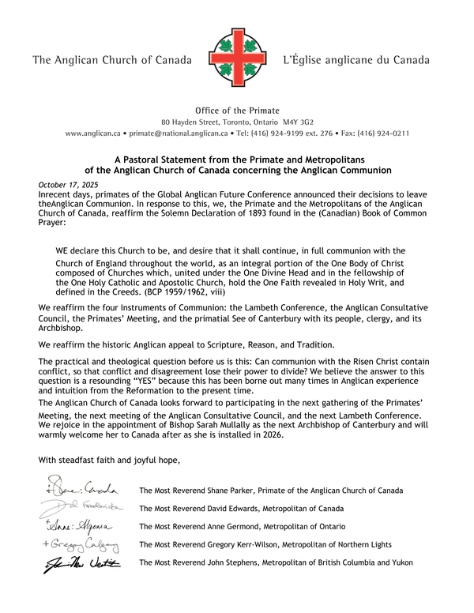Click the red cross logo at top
pos(236,61)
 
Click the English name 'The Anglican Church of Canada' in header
pos(111,61)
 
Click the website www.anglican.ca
pos(92,134)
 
